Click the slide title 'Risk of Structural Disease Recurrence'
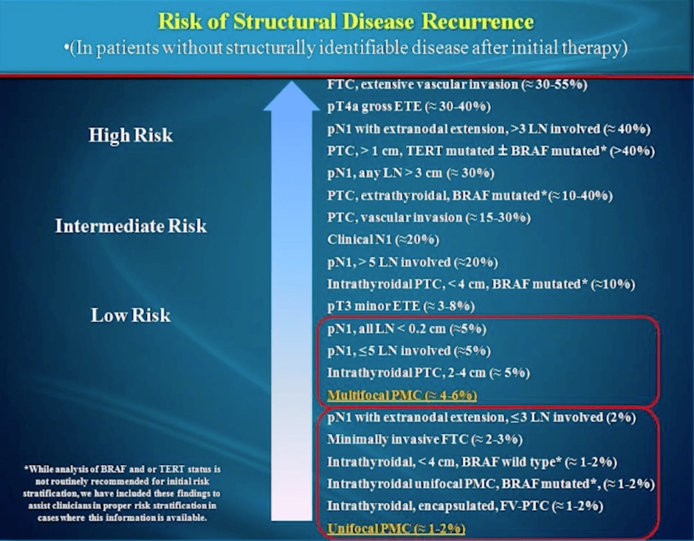[346, 21]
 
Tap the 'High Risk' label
[130, 136]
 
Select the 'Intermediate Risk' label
[131, 226]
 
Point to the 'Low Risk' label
[130, 315]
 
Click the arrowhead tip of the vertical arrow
[292, 81]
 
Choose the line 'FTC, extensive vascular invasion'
[457, 85]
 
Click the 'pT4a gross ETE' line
[409, 106]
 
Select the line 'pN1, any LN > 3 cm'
[410, 173]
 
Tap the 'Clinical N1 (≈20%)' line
[383, 239]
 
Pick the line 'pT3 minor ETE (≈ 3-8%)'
[401, 306]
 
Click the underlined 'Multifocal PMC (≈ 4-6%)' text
[402, 395]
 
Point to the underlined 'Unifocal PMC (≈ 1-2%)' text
[396, 528]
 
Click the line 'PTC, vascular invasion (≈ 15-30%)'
[429, 218]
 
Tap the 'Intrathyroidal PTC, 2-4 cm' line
[429, 373]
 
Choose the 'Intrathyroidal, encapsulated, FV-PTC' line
[465, 506]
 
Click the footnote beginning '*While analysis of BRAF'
[121, 494]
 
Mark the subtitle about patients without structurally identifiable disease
[346, 47]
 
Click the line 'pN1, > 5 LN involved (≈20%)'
[412, 262]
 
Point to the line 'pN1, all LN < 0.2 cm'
[407, 329]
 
